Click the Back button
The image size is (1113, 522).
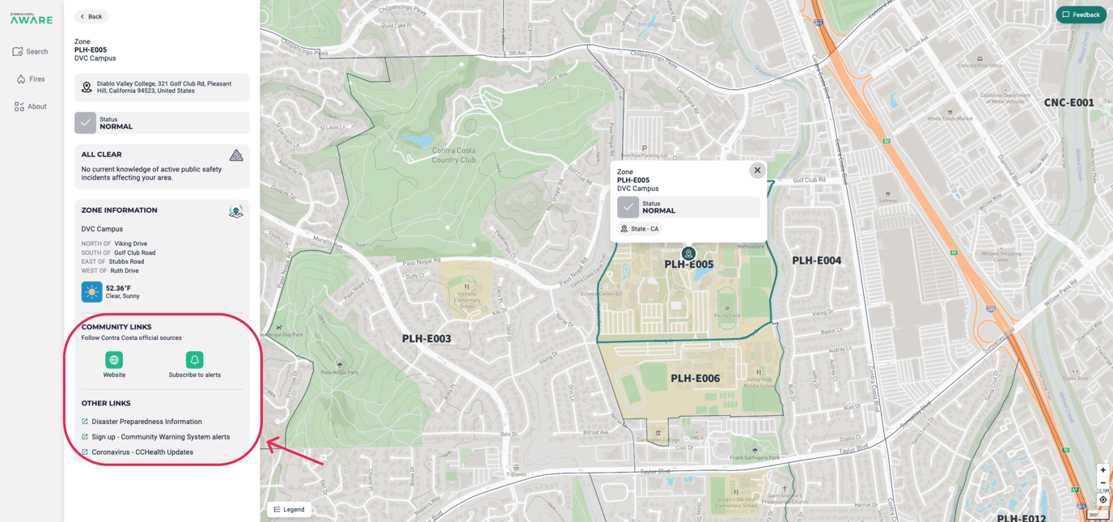pos(91,16)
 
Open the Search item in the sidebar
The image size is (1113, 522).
pos(31,52)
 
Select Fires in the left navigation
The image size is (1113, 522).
pos(31,79)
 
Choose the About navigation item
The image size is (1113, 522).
pos(31,107)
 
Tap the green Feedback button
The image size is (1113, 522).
pos(1081,15)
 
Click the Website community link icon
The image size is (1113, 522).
pos(114,360)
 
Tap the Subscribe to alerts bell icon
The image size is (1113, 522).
pos(194,360)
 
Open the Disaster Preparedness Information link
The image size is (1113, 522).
pos(146,422)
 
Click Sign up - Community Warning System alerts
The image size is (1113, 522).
pos(160,437)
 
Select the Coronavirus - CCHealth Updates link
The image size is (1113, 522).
pos(142,452)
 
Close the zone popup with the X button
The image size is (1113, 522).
pos(757,170)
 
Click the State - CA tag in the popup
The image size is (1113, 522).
pos(640,229)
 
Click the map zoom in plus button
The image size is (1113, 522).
pos(1102,470)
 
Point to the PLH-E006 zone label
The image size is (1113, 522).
pos(695,379)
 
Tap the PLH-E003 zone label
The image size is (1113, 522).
pos(426,339)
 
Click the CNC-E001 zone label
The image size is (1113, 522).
pos(1069,103)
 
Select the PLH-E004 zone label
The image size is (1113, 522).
pos(816,261)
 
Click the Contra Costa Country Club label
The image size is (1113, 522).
pos(454,155)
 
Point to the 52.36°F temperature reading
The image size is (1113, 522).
pos(118,288)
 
